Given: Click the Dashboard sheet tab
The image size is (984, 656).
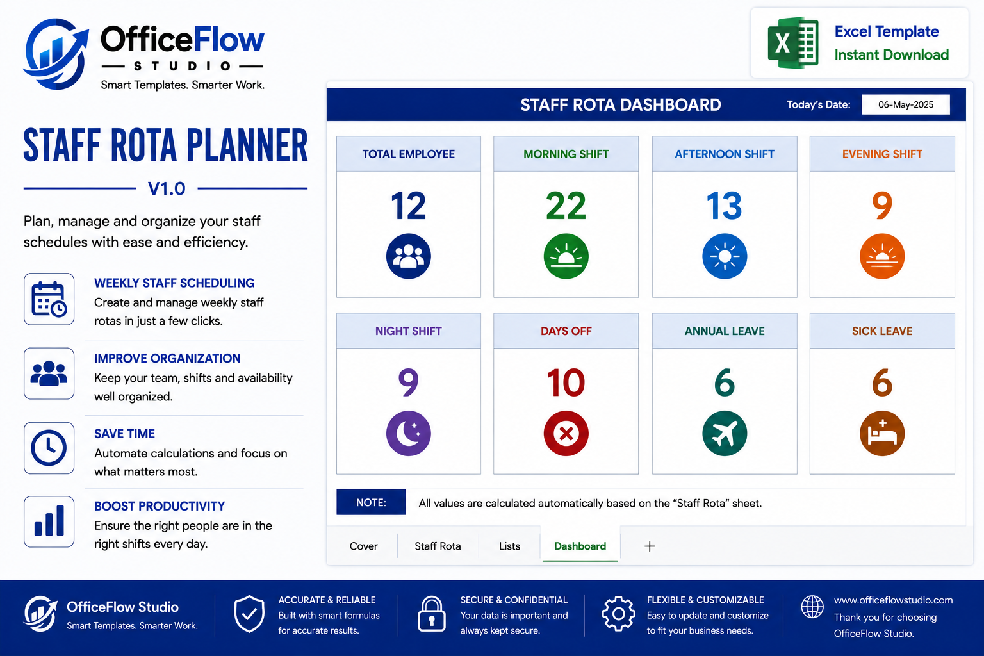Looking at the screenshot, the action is pos(580,546).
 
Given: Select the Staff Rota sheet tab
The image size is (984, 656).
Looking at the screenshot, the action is pos(438,546).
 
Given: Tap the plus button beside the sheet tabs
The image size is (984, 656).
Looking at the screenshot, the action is pos(649,546).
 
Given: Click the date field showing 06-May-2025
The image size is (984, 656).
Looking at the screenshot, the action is pos(905,104).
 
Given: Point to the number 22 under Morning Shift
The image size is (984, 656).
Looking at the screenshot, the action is pos(566,206).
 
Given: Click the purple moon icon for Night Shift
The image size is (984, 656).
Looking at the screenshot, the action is pos(409,433).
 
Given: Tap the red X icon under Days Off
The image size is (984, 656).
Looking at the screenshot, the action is pos(566,433).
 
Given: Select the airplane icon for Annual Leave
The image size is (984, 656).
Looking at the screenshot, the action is pos(725,433).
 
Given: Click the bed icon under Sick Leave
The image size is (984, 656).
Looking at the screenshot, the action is pos(882,433).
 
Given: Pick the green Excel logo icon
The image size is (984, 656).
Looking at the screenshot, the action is pos(793,43).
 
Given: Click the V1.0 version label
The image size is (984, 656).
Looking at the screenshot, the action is pos(167,188).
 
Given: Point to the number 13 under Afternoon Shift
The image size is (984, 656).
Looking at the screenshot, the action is pos(725,206).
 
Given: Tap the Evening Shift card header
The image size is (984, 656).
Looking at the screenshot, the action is pos(882,154).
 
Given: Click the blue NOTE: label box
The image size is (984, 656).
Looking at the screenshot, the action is pos(371,502).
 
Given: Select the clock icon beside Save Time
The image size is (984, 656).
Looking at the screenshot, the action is pos(49,448).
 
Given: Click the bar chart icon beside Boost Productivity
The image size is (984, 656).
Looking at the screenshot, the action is pos(49,521).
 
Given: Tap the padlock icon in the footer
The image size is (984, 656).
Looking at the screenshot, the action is pos(431,614).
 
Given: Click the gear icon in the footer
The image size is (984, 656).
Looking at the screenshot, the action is pos(618,614).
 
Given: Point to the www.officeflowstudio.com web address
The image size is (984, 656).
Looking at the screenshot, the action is pos(894,600).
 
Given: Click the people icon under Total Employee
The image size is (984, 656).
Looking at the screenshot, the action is pos(409,256).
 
